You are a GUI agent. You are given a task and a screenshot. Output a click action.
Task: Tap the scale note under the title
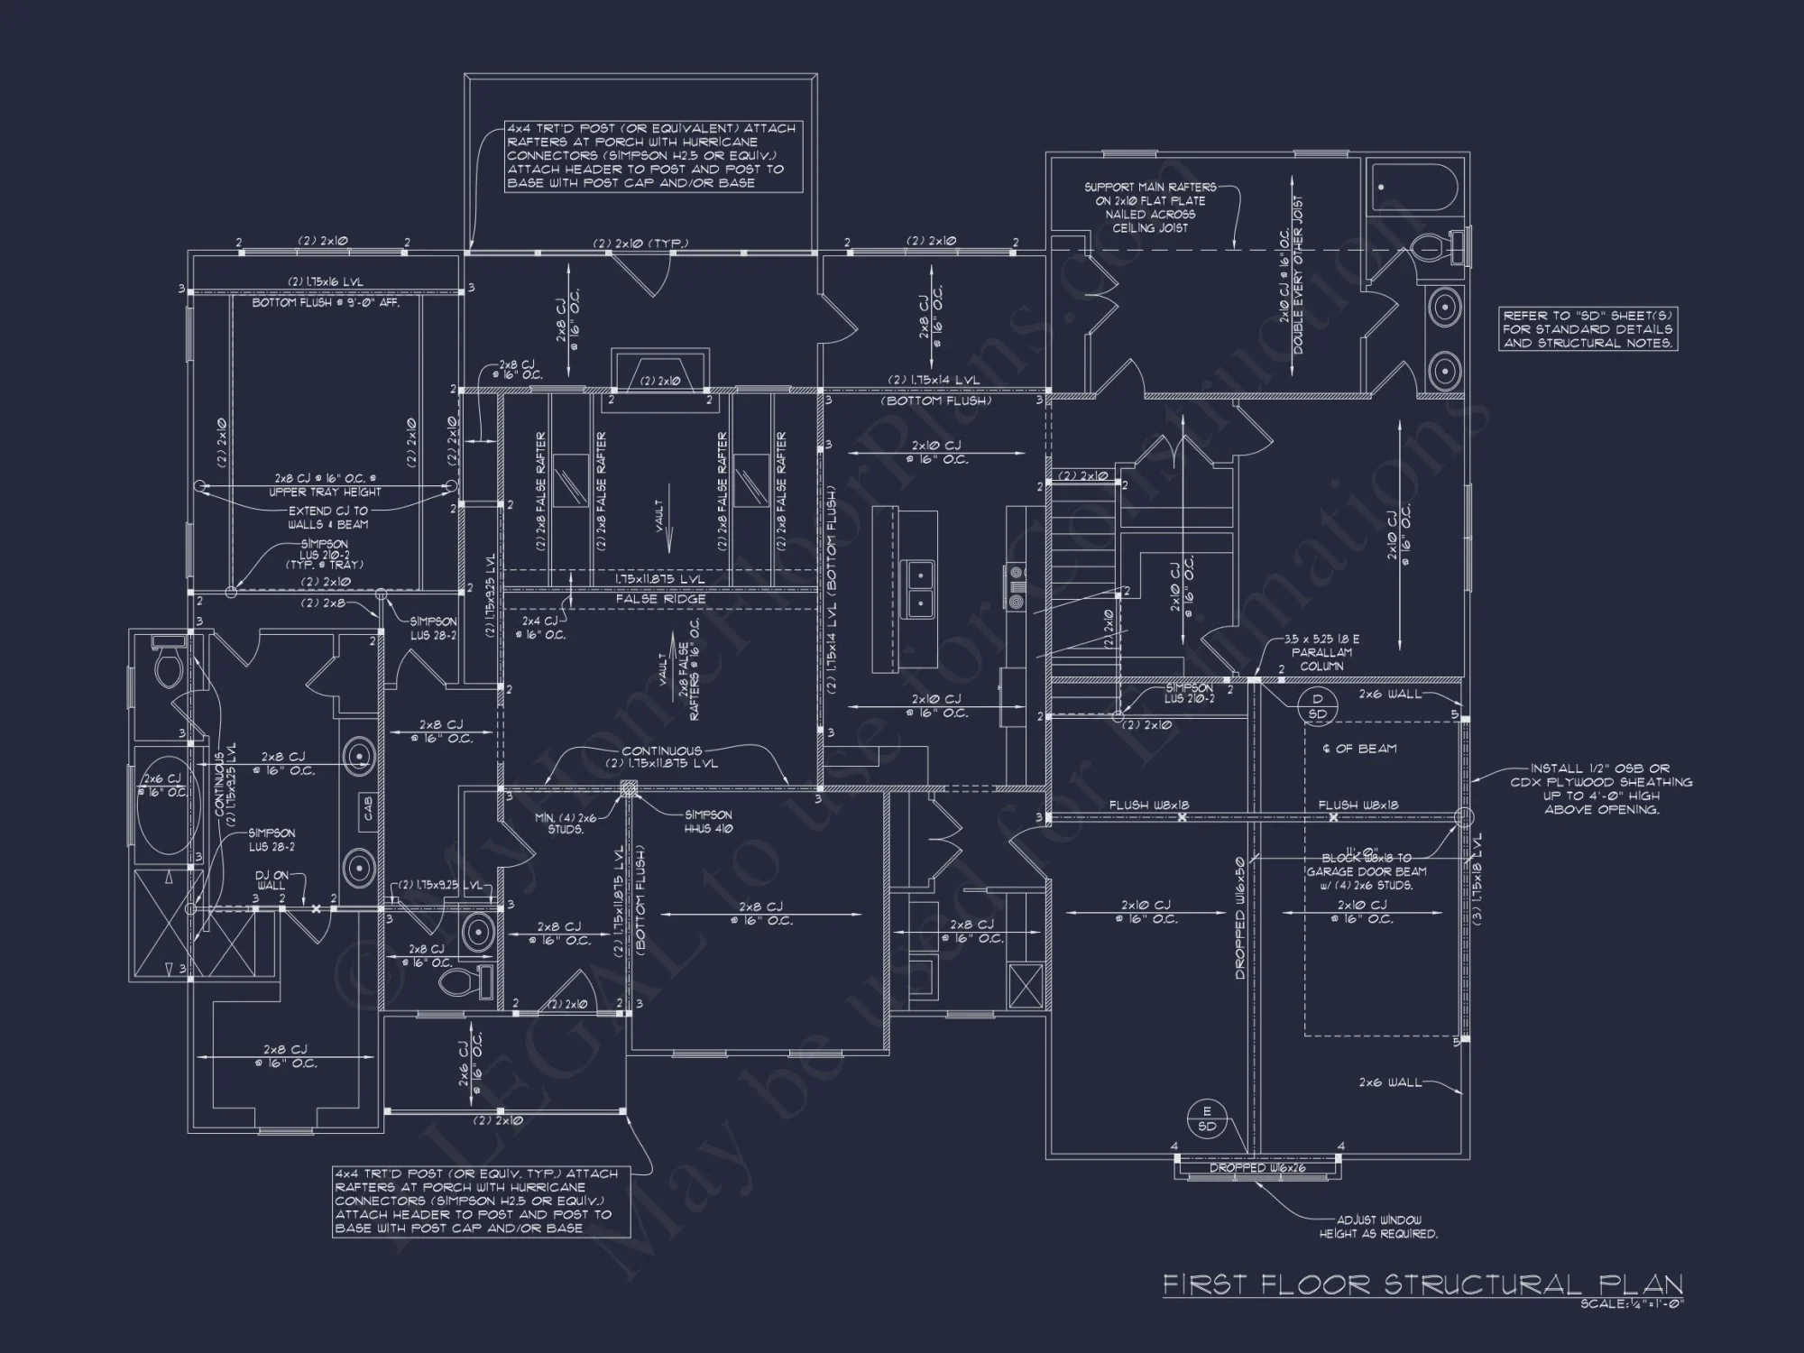1633,1303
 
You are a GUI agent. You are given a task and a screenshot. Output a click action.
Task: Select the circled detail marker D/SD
1317,706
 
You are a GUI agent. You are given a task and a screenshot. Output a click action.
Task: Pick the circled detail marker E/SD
1207,1118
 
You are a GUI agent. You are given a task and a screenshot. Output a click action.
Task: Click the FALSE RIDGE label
660,599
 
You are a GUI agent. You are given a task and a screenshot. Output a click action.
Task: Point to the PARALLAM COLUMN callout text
1322,652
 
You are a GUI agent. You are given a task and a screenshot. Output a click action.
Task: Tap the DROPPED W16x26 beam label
1257,1168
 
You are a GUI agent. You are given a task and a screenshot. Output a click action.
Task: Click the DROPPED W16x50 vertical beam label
1241,918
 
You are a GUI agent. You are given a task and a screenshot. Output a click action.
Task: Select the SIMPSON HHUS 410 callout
708,822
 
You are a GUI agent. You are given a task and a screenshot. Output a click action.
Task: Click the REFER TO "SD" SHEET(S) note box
1588,329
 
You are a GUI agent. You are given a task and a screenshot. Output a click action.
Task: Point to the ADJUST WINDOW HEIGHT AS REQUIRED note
1378,1227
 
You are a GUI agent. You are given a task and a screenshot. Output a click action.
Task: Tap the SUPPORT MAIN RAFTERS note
1149,207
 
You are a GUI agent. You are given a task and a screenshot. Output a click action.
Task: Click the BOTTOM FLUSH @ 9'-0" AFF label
326,303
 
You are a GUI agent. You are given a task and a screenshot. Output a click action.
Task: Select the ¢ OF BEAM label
1359,748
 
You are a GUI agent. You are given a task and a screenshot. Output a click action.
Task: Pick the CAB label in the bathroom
368,808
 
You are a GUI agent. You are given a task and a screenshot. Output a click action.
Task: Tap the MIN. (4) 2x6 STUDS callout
566,823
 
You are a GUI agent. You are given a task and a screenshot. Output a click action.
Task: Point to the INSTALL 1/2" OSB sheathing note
1601,789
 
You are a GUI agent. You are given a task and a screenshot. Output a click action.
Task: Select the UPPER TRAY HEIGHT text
325,492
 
